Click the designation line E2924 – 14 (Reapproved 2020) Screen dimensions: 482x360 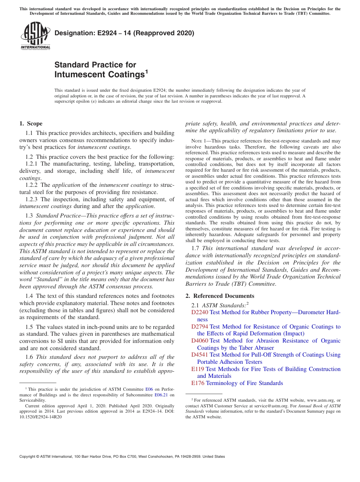[124, 33]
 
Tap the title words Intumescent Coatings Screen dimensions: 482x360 [99, 74]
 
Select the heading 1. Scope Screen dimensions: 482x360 [31, 124]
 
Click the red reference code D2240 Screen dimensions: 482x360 [200, 312]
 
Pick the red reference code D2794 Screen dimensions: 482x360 [200, 327]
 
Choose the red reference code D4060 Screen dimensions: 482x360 [200, 341]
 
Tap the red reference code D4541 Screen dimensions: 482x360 [200, 355]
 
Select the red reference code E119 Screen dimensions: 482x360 [198, 369]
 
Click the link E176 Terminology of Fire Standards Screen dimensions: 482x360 [237, 383]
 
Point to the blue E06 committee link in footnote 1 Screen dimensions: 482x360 [149, 389]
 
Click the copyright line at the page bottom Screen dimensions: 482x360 [122, 457]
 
